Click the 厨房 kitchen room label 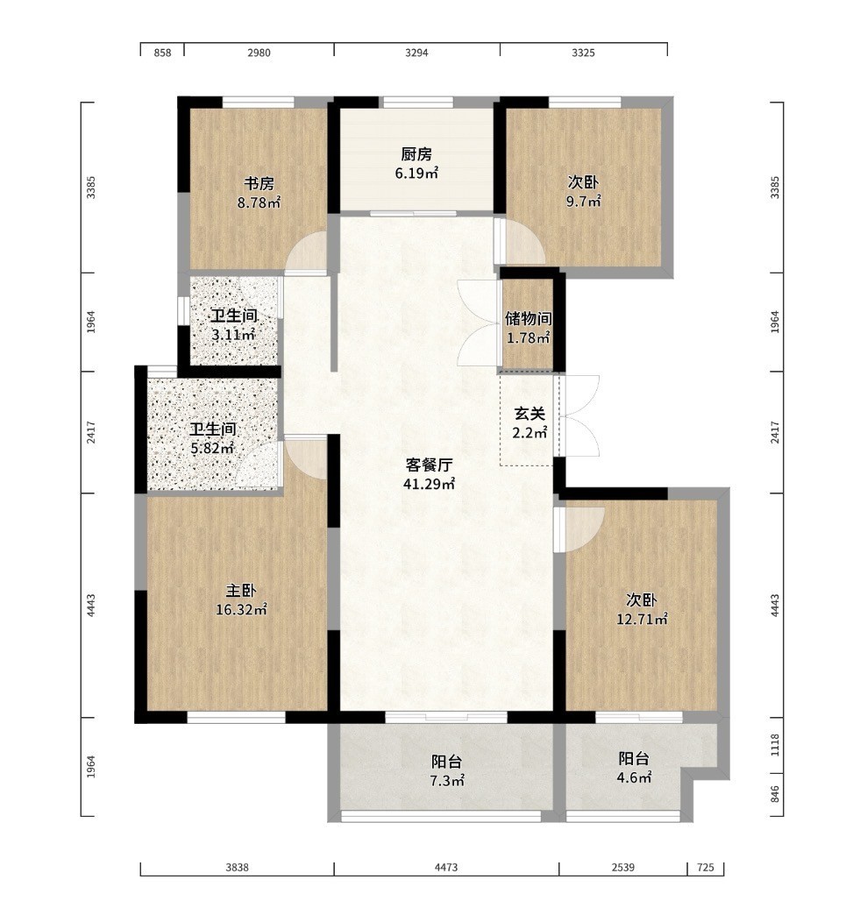click(x=416, y=154)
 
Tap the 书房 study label click(x=259, y=184)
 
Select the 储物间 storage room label click(x=528, y=318)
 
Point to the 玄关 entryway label click(x=530, y=414)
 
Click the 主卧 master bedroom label click(x=241, y=591)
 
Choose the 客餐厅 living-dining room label click(x=430, y=465)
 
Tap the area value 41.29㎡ click(x=430, y=484)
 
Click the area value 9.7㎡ click(x=583, y=202)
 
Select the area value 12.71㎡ click(x=642, y=620)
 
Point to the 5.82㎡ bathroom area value click(x=212, y=448)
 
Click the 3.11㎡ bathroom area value click(x=233, y=335)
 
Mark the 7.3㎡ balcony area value click(x=447, y=781)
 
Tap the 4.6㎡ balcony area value click(x=634, y=777)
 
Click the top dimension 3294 click(x=416, y=53)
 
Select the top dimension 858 click(x=163, y=53)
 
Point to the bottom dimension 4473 click(x=446, y=868)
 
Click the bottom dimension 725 click(x=706, y=868)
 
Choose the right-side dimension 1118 click(x=775, y=745)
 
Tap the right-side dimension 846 click(x=775, y=794)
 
